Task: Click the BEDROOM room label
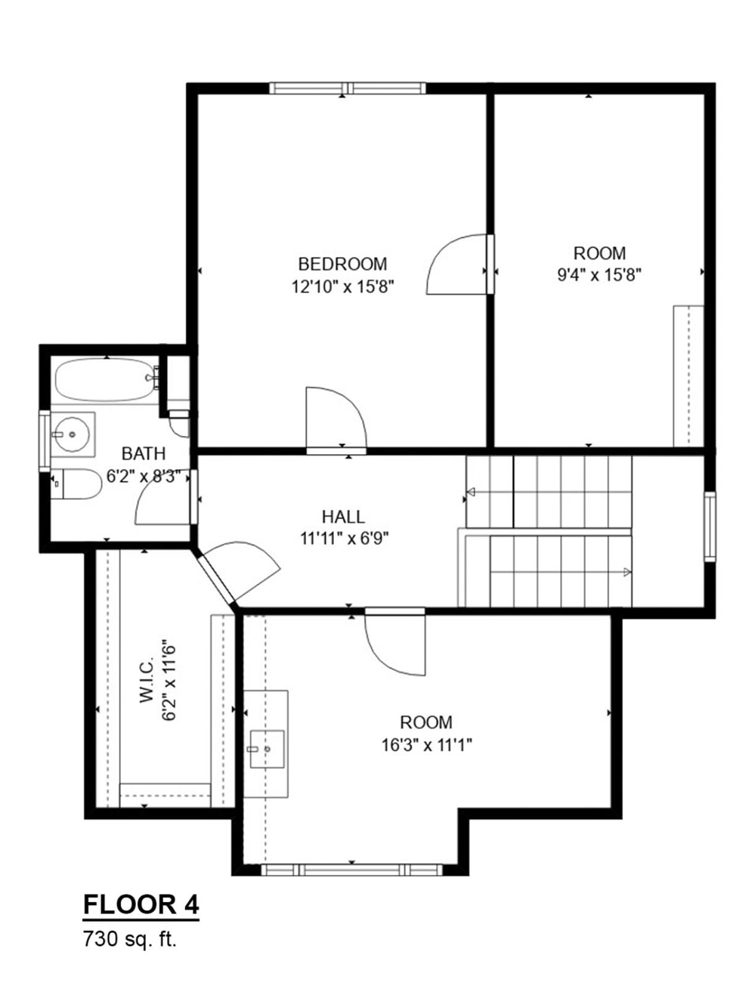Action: click(342, 264)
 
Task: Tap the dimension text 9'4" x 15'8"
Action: click(599, 275)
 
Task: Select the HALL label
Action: click(343, 517)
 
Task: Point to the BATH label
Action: click(144, 453)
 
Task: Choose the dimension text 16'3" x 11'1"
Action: click(427, 745)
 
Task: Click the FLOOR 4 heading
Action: click(141, 904)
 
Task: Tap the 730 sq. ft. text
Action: click(129, 941)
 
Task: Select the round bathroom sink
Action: click(73, 434)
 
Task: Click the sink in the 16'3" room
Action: click(266, 749)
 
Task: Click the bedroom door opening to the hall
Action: click(335, 418)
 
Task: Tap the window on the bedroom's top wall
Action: click(347, 88)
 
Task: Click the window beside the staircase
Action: click(709, 526)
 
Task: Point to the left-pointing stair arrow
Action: click(472, 493)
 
